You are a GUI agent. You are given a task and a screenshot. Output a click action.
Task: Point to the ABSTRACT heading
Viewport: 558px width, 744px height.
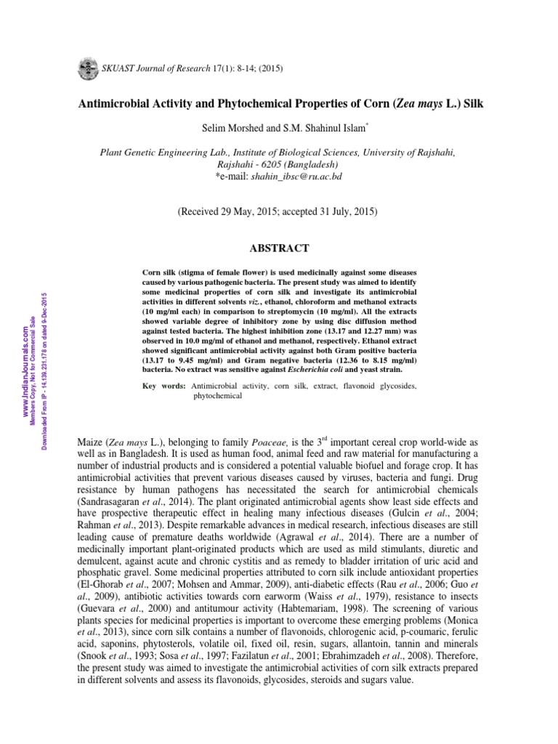point(280,248)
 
